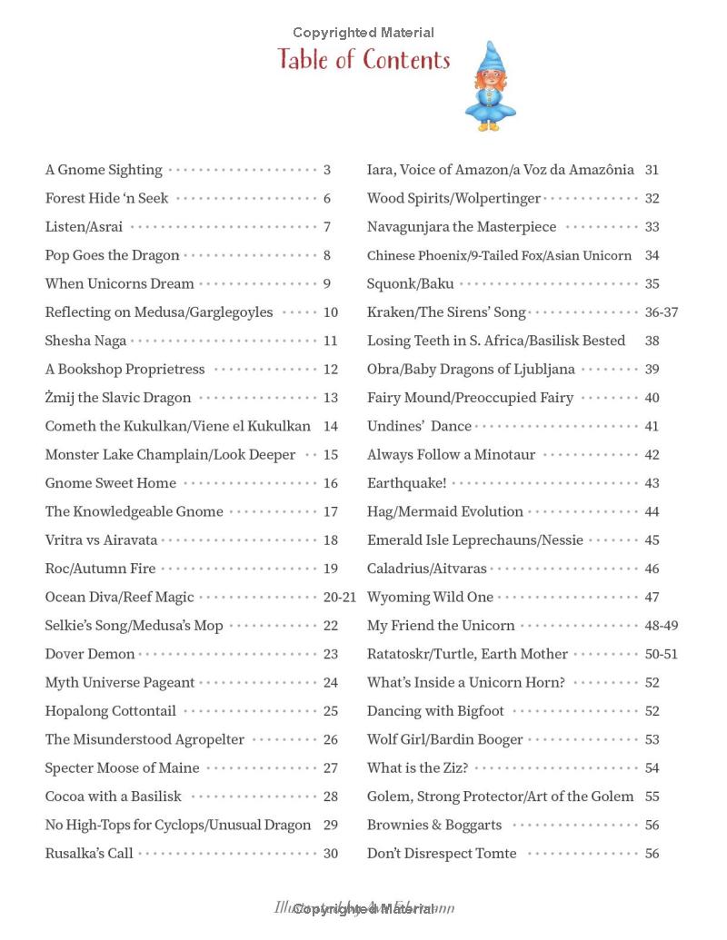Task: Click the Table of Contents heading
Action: pos(363,60)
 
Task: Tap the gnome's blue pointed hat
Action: pos(491,60)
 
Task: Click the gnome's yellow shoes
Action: pos(489,126)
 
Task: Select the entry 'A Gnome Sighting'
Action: pos(104,170)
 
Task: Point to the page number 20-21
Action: pos(340,597)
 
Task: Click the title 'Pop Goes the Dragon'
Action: pos(112,255)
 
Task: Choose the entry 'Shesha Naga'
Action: pos(85,341)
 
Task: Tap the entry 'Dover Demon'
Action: pos(90,654)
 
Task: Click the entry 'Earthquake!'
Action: pos(406,483)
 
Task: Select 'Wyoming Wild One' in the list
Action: pos(430,597)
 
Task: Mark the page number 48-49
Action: pos(661,626)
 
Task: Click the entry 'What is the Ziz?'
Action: pos(417,767)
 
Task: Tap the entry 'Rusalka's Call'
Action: pos(89,854)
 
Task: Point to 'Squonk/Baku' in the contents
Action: pos(410,283)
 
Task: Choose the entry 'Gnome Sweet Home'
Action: pos(111,483)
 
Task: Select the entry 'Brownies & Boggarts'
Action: pos(434,825)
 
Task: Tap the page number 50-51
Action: pos(661,654)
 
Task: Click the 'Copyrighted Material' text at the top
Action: pos(363,33)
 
